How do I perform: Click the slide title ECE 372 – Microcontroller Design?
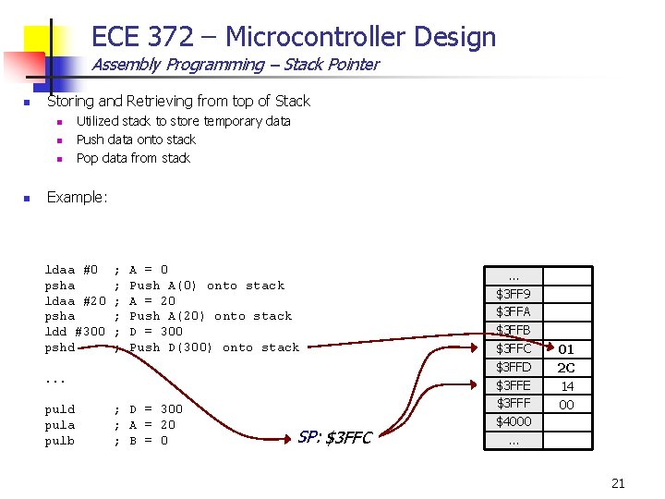294,37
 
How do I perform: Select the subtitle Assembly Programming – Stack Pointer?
235,65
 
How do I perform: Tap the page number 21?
618,482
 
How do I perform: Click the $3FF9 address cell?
514,294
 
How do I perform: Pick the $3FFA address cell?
514,312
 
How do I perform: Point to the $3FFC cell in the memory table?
514,349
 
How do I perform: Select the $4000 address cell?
514,422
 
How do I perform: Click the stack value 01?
566,349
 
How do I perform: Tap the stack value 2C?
566,368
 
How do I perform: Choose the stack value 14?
566,386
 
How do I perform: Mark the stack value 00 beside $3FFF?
566,405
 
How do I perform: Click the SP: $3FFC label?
334,437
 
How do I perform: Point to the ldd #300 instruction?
76,332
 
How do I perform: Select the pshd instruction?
60,347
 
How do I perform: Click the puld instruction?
60,409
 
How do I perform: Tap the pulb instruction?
60,441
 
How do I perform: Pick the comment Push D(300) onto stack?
214,347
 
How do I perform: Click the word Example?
78,197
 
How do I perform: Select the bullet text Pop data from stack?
133,158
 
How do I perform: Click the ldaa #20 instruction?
76,300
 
